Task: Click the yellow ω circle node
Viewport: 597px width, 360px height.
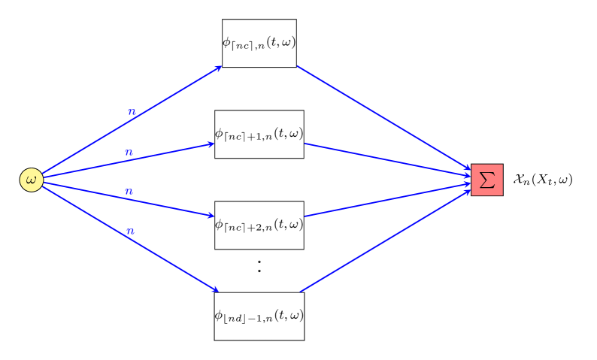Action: [31, 180]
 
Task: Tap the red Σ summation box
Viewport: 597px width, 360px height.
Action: [486, 180]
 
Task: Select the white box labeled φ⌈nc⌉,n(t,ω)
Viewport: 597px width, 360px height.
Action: [259, 43]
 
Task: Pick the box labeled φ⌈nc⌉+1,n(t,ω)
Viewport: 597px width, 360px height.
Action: [259, 134]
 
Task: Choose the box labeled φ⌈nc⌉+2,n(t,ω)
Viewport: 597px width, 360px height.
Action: [259, 225]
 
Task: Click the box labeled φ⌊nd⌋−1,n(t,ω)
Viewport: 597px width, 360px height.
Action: [259, 316]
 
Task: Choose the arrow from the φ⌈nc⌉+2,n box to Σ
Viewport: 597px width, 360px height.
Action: [387, 199]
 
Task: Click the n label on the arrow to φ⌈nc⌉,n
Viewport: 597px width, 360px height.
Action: [132, 112]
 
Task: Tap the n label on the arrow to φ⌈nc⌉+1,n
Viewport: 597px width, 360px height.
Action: [129, 153]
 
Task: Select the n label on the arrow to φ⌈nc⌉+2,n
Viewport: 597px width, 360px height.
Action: [129, 192]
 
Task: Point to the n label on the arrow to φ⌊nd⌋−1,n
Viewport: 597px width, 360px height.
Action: [131, 231]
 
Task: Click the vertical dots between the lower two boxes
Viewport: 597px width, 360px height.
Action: [259, 266]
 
